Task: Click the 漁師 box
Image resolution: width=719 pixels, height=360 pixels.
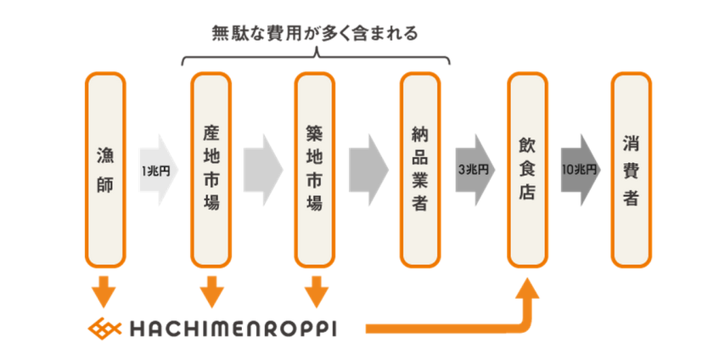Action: point(105,169)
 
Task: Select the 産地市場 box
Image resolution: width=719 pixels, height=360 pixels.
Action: point(211,169)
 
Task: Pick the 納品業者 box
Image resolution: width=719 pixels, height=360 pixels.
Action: point(420,169)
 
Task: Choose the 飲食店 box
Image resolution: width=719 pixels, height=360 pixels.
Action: point(526,169)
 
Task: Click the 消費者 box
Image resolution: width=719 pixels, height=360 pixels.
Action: point(631,169)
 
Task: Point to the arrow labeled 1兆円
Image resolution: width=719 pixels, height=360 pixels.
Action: point(157,170)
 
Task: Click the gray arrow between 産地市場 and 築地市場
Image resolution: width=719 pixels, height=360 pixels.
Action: point(262,170)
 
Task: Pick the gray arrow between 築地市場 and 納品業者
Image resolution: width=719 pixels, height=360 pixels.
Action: point(368,170)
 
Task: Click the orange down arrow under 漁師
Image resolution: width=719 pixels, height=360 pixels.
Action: point(105,290)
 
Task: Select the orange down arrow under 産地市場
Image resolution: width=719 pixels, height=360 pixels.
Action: point(211,290)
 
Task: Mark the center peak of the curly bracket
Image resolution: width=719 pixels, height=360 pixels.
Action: point(315,53)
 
